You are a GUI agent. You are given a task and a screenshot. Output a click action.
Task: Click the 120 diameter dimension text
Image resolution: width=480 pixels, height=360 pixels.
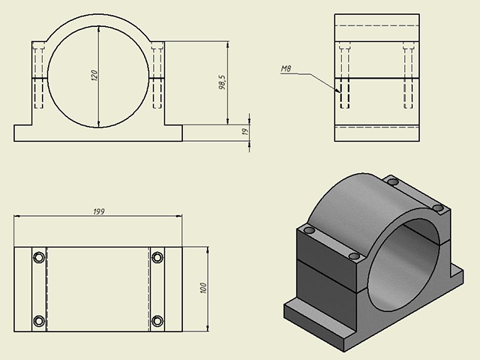94,76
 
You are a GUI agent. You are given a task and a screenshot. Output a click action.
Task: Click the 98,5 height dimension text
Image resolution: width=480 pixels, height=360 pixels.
222,82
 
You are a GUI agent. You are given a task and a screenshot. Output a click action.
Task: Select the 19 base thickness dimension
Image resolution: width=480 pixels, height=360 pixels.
245,132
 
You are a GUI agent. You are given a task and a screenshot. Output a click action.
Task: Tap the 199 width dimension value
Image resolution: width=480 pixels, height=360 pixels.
99,211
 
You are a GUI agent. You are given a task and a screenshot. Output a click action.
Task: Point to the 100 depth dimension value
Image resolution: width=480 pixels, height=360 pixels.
203,288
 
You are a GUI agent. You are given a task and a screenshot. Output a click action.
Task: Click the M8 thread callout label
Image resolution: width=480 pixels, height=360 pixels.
286,69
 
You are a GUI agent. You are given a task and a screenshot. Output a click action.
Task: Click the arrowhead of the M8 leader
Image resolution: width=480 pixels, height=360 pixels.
338,91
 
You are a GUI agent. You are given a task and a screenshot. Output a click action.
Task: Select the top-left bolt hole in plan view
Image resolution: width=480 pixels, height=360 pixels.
39,257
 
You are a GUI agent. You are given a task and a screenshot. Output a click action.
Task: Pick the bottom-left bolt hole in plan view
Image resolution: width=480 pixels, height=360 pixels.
39,321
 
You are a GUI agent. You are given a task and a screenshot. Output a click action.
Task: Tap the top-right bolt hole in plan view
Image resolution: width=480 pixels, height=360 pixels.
157,257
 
